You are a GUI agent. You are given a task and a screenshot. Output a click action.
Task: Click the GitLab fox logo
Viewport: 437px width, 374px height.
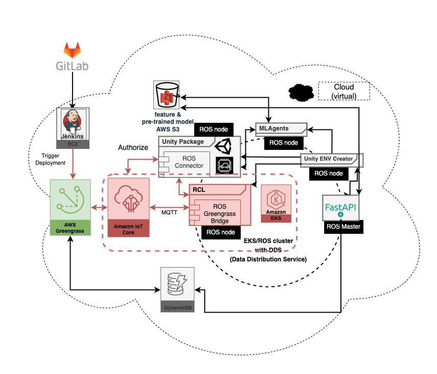[x=72, y=50]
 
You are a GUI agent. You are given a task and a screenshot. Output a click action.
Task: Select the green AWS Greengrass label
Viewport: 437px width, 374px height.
[x=70, y=227]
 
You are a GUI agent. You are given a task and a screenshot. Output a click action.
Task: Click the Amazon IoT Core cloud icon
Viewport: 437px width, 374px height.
[x=128, y=199]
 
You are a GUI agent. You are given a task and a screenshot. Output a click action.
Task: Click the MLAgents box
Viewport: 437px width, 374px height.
[x=281, y=129]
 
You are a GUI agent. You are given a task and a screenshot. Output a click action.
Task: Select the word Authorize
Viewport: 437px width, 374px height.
[x=133, y=147]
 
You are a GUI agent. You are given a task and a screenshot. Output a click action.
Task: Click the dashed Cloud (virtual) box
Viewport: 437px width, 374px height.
[x=343, y=91]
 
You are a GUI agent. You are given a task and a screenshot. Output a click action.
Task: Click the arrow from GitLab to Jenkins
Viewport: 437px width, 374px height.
[x=72, y=87]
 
